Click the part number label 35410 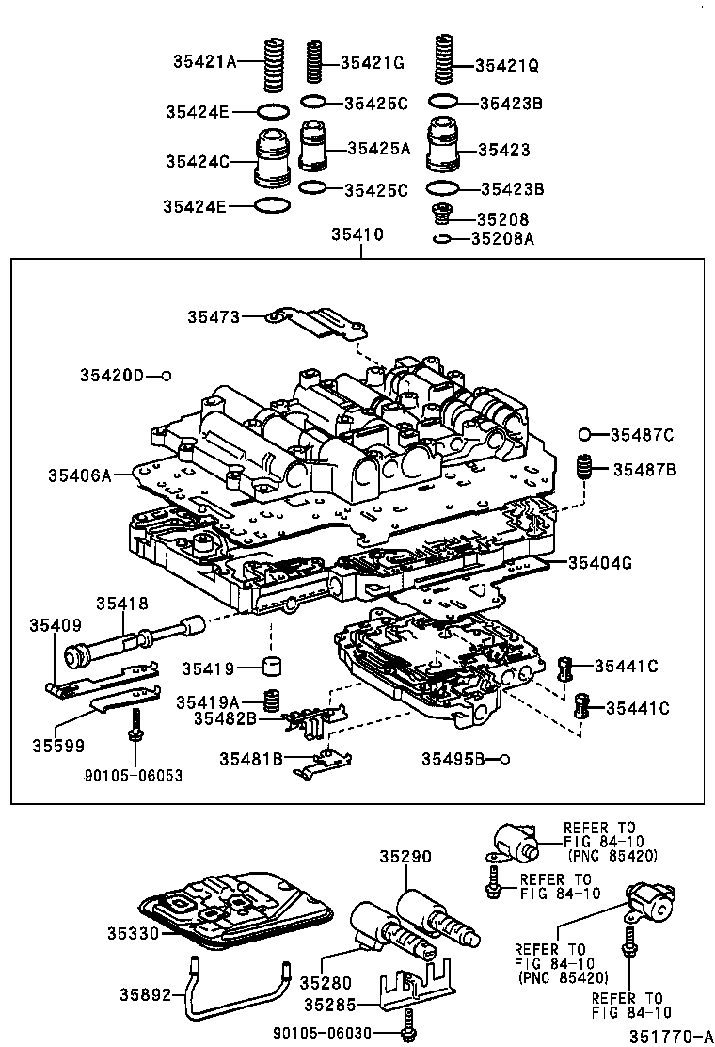click(357, 234)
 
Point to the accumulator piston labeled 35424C click(273, 158)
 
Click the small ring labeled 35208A click(440, 239)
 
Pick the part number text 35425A click(379, 148)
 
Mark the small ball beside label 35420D click(166, 376)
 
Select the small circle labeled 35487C click(584, 434)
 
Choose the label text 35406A click(80, 475)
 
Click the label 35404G click(599, 563)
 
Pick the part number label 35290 click(405, 857)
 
